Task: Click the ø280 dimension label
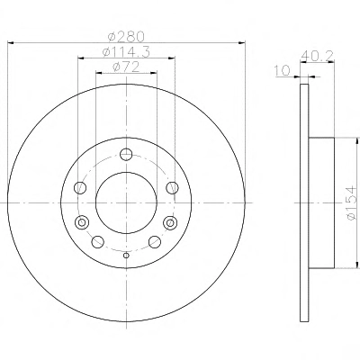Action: tap(126, 37)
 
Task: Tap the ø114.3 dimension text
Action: tap(126, 52)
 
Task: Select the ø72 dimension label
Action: tap(126, 67)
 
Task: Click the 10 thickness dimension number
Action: tap(283, 71)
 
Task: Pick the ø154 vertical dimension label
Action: tap(351, 203)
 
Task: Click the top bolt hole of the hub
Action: tap(126, 155)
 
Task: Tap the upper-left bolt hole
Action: tap(80, 188)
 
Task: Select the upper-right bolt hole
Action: tap(173, 188)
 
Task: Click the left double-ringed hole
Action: tap(81, 222)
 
